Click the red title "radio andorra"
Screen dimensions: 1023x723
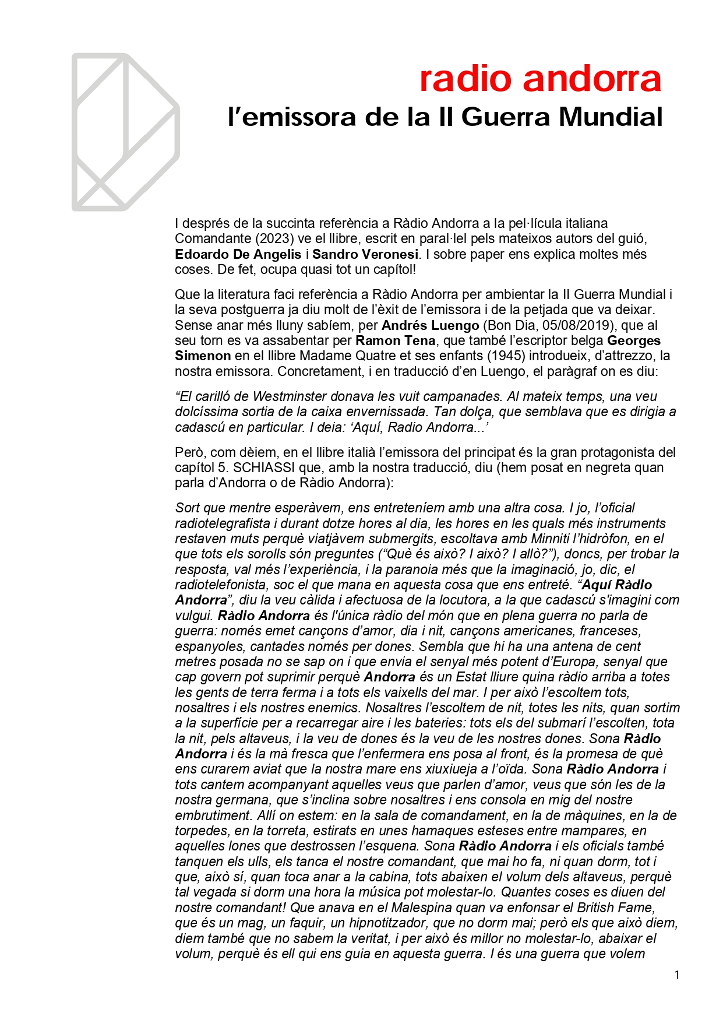[x=540, y=79]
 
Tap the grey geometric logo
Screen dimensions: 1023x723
[x=125, y=132]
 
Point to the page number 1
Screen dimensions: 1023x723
[x=676, y=975]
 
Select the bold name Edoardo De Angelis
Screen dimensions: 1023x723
[x=238, y=254]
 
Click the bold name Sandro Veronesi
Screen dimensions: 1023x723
[x=365, y=254]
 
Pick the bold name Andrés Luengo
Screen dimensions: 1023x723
[x=430, y=325]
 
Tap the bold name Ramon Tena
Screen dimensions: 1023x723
[x=395, y=340]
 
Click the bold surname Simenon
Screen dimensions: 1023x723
[x=203, y=356]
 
